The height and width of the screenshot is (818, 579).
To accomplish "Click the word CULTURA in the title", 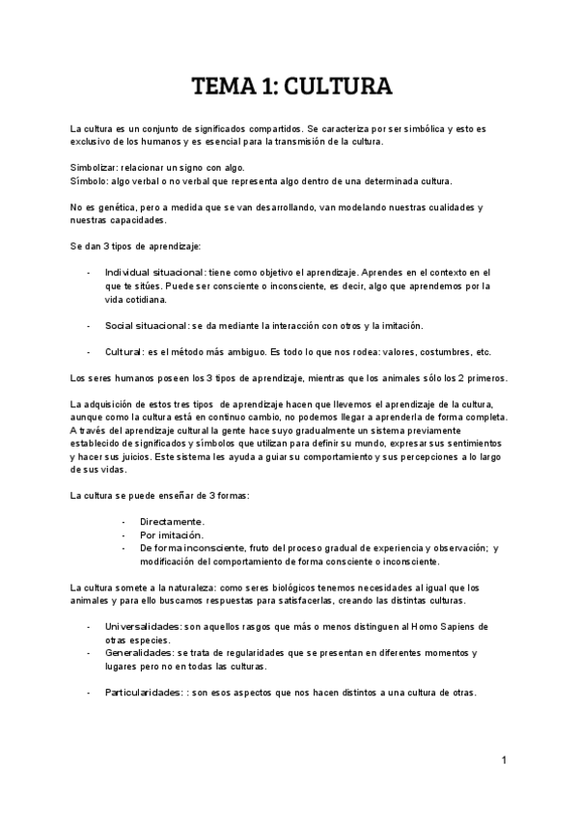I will click(x=338, y=89).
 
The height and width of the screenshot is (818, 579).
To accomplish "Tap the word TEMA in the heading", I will click(x=218, y=89).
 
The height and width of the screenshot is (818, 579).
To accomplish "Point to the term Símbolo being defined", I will click(x=90, y=181).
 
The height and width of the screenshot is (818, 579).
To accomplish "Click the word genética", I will click(x=107, y=208).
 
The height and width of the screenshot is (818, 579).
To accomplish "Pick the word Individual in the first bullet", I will click(x=128, y=273).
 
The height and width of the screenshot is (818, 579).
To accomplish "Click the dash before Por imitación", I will click(x=124, y=534).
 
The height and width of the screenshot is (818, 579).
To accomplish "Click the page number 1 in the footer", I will click(x=504, y=761).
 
